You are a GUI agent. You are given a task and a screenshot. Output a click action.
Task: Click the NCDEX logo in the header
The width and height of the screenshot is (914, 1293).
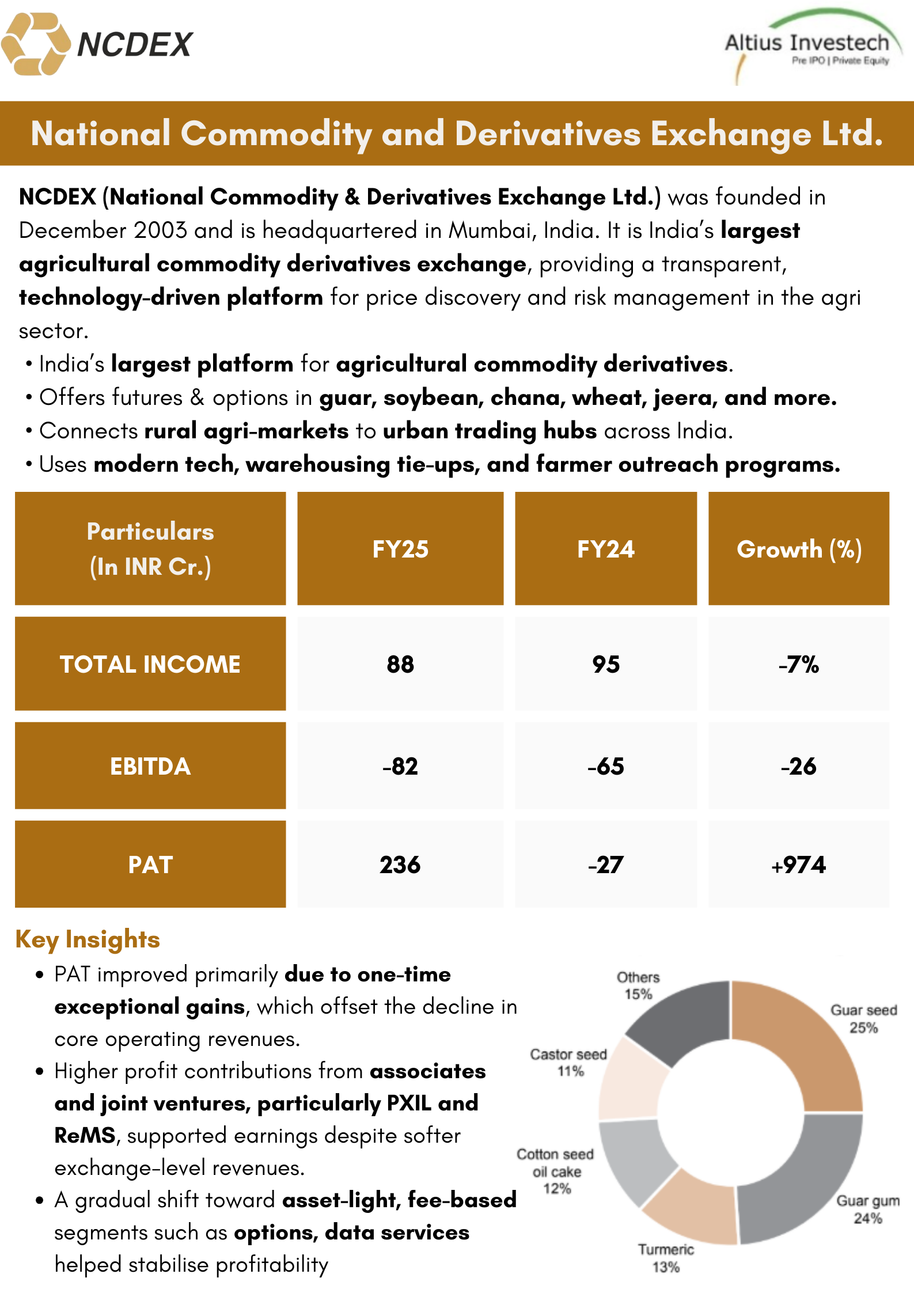[x=97, y=44]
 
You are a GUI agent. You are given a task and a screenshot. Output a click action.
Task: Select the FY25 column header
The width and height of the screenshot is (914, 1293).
[x=400, y=549]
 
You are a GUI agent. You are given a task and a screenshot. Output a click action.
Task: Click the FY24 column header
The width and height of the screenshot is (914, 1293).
[x=606, y=549]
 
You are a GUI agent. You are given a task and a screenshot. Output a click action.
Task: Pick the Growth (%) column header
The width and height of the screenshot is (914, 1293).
[x=799, y=549]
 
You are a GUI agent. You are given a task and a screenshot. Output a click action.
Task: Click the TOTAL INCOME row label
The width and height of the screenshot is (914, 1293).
[x=150, y=664]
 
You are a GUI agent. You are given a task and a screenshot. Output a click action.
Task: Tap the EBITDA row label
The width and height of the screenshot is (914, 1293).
[x=150, y=766]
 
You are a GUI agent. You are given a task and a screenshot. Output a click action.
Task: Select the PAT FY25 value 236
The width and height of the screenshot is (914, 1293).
[x=400, y=864]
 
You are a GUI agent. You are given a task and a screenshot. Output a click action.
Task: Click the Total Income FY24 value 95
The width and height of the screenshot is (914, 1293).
[x=606, y=664]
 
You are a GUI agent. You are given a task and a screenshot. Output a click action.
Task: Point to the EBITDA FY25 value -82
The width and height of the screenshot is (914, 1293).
[x=400, y=766]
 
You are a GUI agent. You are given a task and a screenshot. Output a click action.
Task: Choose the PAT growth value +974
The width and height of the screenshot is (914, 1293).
[x=799, y=864]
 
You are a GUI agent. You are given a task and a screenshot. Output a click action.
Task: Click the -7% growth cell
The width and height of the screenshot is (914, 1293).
[x=799, y=664]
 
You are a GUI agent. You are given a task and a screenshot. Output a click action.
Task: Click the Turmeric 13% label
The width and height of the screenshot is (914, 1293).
[x=666, y=1258]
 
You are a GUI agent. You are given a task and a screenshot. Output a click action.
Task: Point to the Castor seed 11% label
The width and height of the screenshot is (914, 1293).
[x=569, y=1062]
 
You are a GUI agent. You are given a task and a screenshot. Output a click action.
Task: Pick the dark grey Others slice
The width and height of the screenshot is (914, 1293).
[x=685, y=1019]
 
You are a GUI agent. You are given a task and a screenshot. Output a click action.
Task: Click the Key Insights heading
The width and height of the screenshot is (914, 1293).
[x=88, y=939]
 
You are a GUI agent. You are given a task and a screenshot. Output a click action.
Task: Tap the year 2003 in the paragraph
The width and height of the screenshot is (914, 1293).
[x=161, y=230]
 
